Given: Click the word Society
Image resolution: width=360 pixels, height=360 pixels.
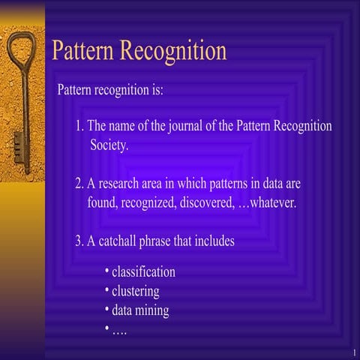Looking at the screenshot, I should (x=109, y=145).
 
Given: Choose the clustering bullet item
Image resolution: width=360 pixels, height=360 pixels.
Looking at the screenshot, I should (x=135, y=291).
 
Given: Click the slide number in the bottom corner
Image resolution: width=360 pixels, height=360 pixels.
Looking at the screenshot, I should (x=352, y=352).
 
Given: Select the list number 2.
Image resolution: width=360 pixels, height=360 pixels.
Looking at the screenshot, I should (x=79, y=184).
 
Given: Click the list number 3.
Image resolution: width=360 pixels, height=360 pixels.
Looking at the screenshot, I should (x=79, y=241).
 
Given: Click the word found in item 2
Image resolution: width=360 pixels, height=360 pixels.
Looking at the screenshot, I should (x=102, y=202).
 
